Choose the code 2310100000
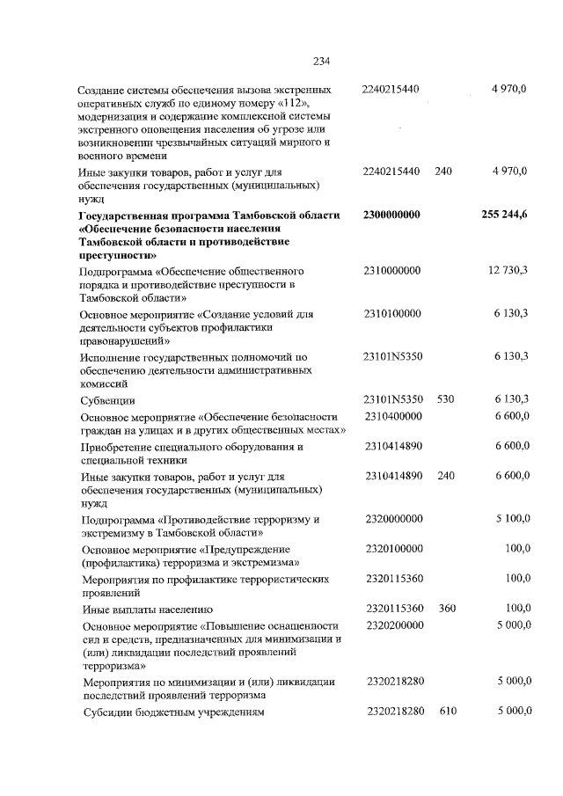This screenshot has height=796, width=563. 391,313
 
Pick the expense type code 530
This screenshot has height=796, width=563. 445,398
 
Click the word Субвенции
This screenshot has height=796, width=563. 104,400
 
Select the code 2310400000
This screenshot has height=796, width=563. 393,415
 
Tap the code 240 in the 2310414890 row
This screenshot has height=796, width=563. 445,475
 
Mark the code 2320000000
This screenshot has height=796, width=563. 393,519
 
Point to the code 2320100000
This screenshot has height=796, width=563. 393,548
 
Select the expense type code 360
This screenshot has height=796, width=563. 446,608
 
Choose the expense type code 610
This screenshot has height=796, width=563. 447,710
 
